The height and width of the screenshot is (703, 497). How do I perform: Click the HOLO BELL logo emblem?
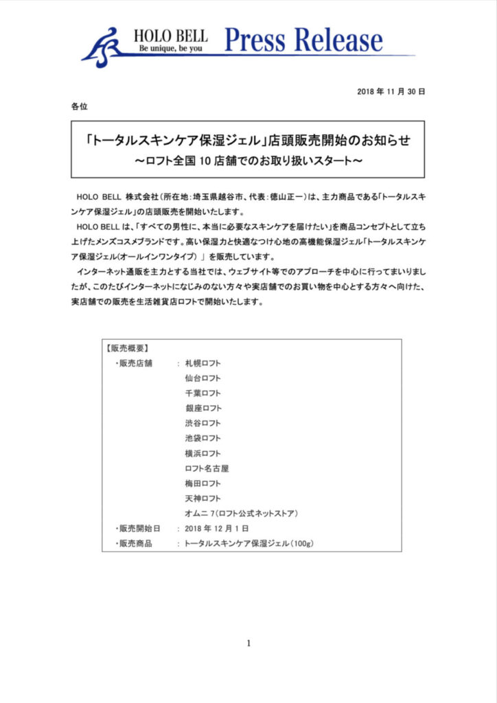click(x=104, y=47)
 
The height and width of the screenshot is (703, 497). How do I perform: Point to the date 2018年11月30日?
click(x=391, y=91)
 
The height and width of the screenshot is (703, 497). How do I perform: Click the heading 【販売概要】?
click(x=128, y=348)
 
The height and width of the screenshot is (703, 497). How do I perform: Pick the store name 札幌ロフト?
click(x=203, y=363)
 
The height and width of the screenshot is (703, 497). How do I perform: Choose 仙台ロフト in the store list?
click(x=203, y=378)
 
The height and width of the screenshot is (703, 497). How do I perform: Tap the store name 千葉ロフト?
click(x=203, y=393)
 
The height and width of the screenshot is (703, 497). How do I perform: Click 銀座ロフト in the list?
click(x=203, y=408)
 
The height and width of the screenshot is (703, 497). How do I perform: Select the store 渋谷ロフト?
click(x=203, y=423)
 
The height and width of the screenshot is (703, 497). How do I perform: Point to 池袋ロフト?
click(x=203, y=438)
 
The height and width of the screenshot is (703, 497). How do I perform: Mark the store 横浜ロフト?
click(x=203, y=453)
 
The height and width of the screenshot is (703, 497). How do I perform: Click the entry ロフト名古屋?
click(x=207, y=468)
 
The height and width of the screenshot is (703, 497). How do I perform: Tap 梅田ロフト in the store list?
click(x=203, y=483)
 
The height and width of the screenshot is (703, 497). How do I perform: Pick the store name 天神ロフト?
click(x=203, y=498)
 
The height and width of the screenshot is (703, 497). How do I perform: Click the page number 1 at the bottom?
click(x=248, y=643)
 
